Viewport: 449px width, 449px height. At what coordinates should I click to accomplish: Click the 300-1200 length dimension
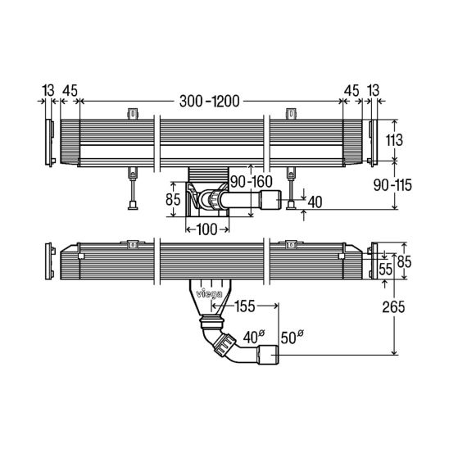pyautogui.click(x=209, y=101)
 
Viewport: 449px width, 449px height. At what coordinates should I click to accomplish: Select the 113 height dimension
pyautogui.click(x=394, y=140)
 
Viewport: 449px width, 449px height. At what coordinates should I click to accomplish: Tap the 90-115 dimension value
pyautogui.click(x=392, y=185)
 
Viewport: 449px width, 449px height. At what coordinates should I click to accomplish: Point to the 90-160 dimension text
pyautogui.click(x=252, y=182)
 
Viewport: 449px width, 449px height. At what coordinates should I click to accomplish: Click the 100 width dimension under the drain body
pyautogui.click(x=206, y=229)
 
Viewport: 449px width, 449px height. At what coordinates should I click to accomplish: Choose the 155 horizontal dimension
pyautogui.click(x=245, y=306)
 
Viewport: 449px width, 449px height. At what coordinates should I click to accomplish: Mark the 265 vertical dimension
pyautogui.click(x=394, y=307)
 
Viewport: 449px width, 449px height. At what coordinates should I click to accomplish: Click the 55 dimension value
pyautogui.click(x=385, y=270)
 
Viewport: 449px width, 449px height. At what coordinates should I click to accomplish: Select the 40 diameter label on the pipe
pyautogui.click(x=254, y=337)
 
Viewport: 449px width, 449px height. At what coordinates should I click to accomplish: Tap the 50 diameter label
pyautogui.click(x=292, y=337)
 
